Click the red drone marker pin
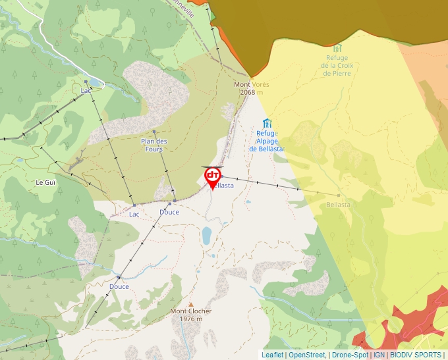click(x=213, y=176)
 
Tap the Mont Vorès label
click(x=252, y=84)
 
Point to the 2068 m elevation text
click(x=247, y=93)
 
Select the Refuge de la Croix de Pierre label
click(x=337, y=65)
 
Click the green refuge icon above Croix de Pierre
click(x=338, y=48)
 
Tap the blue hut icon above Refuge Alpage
click(x=267, y=122)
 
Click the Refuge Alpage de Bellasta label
click(x=267, y=141)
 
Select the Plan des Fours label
click(x=154, y=145)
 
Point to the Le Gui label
click(x=45, y=182)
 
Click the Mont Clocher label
click(x=190, y=311)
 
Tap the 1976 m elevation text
click(x=190, y=319)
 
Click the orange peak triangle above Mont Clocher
click(x=191, y=304)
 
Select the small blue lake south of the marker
click(x=207, y=234)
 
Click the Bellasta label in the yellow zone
click(x=338, y=205)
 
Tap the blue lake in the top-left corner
click(x=96, y=82)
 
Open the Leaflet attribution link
click(x=273, y=355)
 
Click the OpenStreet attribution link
click(x=307, y=355)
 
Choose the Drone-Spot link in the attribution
click(x=350, y=355)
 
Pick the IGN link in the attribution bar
click(x=379, y=355)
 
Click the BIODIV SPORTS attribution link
click(x=416, y=355)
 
